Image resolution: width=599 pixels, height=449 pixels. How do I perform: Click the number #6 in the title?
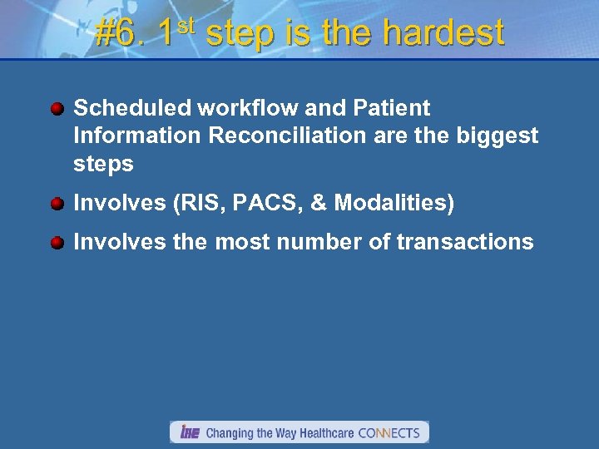121,34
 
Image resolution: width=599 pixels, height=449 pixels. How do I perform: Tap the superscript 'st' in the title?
186,27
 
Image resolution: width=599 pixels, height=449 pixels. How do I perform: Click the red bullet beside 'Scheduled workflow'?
57,109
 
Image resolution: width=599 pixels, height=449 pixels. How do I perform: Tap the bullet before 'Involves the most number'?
57,243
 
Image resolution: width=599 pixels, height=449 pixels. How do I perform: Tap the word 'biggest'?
498,136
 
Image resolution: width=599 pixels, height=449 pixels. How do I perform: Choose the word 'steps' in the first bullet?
103,164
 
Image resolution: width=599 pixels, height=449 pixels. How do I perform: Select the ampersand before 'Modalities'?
317,203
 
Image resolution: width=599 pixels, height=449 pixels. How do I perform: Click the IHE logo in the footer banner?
190,432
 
